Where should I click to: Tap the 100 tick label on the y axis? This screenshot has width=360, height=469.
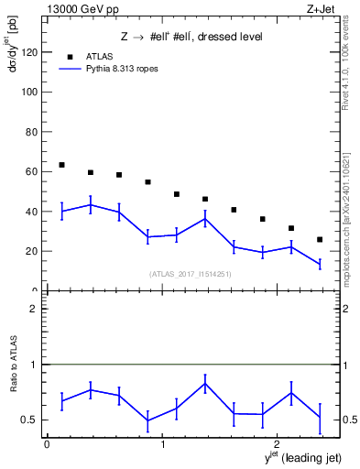29,93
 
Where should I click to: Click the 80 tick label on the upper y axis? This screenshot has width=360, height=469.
32,132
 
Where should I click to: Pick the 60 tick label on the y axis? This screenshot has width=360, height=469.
32,171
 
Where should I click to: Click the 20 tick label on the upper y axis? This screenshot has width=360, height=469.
32,251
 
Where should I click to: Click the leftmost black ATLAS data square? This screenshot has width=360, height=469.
61,165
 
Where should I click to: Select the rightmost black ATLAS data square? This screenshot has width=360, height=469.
320,239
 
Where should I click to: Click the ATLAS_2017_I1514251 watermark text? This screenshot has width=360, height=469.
190,273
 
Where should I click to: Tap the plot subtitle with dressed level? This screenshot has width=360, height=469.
191,37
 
